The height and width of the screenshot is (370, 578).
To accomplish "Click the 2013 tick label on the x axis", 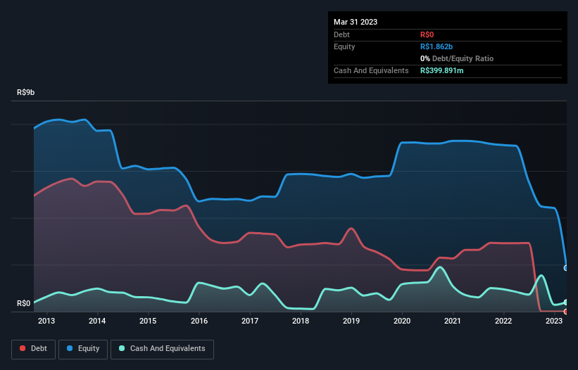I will (x=46, y=321).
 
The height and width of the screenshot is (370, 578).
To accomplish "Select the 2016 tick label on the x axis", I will (x=199, y=321).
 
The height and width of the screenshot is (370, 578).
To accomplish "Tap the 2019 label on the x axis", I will (x=351, y=321).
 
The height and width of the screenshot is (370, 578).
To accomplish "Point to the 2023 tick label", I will (x=554, y=321).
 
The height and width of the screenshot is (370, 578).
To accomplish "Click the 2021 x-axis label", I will (x=453, y=321).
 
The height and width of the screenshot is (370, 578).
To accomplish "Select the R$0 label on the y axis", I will (x=23, y=303).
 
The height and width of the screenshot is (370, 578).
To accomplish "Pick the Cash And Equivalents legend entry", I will (x=162, y=348).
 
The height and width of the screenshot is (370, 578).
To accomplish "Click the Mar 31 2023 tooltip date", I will (x=356, y=22).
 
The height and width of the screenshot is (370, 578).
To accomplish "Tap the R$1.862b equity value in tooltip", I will (x=436, y=46).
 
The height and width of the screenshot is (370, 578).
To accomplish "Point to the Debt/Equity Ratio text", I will (x=461, y=58).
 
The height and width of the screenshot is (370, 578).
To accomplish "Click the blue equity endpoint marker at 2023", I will (x=566, y=268).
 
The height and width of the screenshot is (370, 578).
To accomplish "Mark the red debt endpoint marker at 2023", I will (x=566, y=311).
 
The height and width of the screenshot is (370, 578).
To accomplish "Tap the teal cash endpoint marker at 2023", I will (x=566, y=302).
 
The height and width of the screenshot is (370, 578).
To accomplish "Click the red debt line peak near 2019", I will (x=351, y=228).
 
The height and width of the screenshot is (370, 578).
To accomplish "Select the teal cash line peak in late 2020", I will (x=441, y=267).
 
